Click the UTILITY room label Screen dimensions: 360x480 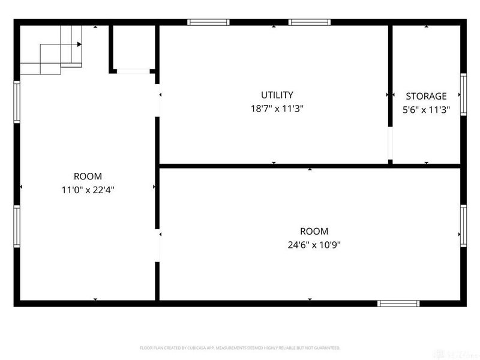coord(277,95)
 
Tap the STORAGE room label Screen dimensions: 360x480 coord(426,96)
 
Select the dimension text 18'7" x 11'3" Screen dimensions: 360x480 coord(277,109)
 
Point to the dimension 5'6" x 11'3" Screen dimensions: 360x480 coord(426,110)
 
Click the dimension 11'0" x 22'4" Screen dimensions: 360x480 coord(88,190)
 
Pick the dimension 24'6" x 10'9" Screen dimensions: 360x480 coord(314,245)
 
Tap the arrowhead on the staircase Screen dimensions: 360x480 coord(79,44)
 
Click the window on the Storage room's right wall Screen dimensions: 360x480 coord(463,94)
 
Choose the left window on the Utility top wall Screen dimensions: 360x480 coord(208,23)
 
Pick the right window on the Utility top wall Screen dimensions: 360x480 coord(309,23)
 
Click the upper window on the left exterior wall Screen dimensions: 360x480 coord(17,102)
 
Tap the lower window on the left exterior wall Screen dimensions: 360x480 coord(17,226)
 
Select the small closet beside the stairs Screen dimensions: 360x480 coord(133,48)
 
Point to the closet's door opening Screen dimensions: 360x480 coord(133,71)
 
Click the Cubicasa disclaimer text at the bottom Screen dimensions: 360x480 coord(240,348)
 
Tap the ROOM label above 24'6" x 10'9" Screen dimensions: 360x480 coord(314,231)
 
